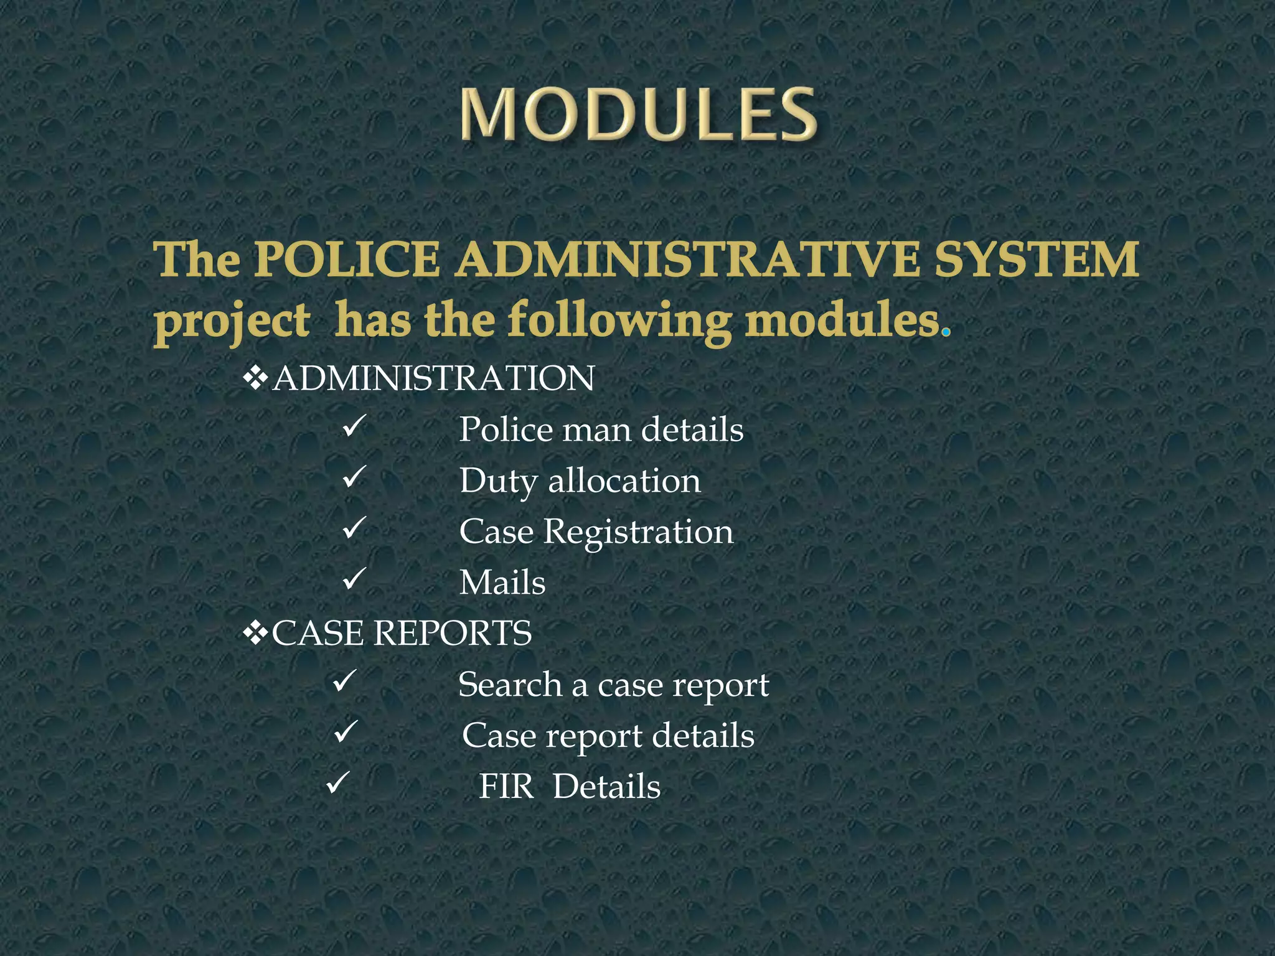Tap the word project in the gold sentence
coord(232,322)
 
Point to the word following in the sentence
coord(619,322)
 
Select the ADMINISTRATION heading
coord(434,378)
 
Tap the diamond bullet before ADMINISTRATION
coord(255,378)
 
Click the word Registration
coord(638,532)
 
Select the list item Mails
coord(502,583)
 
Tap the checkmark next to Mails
coord(353,579)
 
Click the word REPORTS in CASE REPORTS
coord(453,634)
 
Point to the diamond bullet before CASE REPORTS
coord(255,634)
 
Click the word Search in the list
coord(510,685)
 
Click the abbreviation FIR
coord(506,787)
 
